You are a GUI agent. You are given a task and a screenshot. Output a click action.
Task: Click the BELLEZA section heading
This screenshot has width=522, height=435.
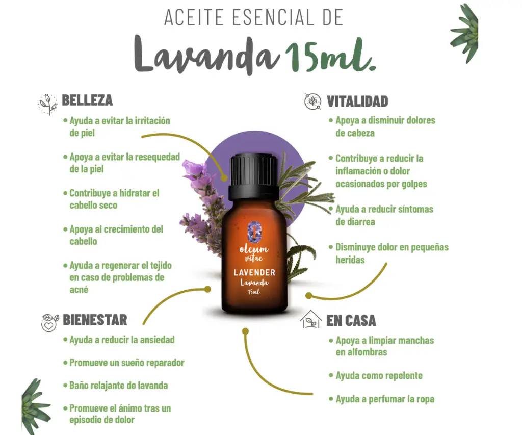pyautogui.click(x=87, y=100)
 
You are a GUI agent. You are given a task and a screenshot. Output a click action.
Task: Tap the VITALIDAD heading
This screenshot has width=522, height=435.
pyautogui.click(x=357, y=101)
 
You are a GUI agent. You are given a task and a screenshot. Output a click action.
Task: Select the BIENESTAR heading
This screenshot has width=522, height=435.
pyautogui.click(x=95, y=320)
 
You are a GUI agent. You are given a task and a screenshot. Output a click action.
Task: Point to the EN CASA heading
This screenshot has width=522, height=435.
pyautogui.click(x=351, y=320)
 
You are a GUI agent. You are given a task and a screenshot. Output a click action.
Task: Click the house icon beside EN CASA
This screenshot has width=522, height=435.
pyautogui.click(x=310, y=319)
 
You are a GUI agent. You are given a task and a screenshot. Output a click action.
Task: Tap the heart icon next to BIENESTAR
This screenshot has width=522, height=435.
pyautogui.click(x=49, y=323)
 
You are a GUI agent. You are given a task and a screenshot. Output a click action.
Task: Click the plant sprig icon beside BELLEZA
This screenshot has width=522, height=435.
pyautogui.click(x=47, y=104)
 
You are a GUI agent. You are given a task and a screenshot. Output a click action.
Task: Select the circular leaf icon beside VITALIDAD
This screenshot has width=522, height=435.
pyautogui.click(x=312, y=101)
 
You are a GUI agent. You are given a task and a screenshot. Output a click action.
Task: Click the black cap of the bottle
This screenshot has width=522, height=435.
pyautogui.click(x=254, y=175)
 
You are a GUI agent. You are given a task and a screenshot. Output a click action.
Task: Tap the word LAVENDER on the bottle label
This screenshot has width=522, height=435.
pyautogui.click(x=254, y=272)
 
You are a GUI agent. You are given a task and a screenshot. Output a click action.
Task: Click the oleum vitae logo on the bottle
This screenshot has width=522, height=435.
pyautogui.click(x=254, y=242)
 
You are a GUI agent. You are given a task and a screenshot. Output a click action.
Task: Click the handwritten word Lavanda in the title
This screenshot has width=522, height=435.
pyautogui.click(x=206, y=54)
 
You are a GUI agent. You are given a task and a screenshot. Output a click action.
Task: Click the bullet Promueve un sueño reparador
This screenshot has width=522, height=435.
pyautogui.click(x=123, y=363)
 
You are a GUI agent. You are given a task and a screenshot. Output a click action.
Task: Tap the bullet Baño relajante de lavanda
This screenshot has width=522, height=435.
pyautogui.click(x=116, y=386)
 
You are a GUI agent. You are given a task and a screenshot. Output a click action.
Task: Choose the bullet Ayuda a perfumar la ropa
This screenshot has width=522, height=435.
pyautogui.click(x=381, y=399)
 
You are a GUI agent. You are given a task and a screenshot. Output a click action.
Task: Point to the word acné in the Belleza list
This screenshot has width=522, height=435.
pyautogui.click(x=79, y=290)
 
